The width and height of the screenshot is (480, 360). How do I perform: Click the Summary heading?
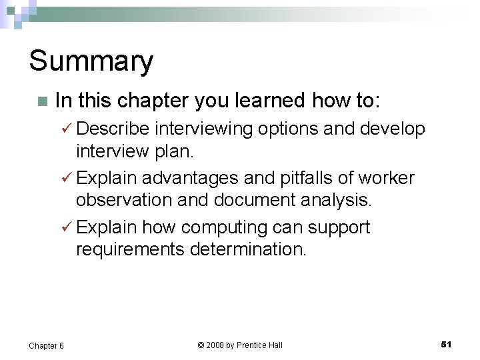click(x=91, y=61)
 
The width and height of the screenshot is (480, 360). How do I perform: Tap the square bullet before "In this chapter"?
click(x=42, y=102)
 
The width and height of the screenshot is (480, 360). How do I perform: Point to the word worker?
click(x=386, y=178)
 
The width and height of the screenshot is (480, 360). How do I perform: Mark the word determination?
click(x=249, y=249)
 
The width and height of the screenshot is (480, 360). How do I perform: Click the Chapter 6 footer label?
click(x=46, y=345)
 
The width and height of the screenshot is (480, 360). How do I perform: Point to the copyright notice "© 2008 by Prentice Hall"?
click(x=240, y=345)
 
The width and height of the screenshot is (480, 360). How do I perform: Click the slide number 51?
click(x=446, y=344)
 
